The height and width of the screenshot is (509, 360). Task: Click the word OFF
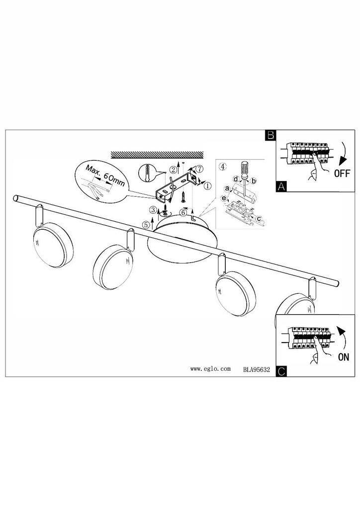click(x=342, y=173)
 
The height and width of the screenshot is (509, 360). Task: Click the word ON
click(x=344, y=357)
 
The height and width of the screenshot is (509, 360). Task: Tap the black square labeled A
click(x=281, y=186)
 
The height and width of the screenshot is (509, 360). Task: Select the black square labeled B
click(x=270, y=135)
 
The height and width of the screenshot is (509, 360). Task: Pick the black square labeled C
click(x=281, y=371)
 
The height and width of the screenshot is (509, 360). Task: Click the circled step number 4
click(x=222, y=167)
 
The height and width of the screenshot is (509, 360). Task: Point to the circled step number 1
click(x=207, y=186)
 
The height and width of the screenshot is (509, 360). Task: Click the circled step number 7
click(x=199, y=169)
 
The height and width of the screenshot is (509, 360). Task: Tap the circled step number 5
click(x=146, y=224)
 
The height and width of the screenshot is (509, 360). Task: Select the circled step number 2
click(x=174, y=169)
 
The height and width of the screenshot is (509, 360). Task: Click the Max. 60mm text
click(x=105, y=175)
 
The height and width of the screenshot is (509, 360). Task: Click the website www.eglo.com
click(x=210, y=369)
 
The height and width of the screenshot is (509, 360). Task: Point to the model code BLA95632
click(x=257, y=369)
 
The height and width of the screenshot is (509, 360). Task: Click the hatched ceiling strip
click(x=157, y=155)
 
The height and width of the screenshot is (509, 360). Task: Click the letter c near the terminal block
click(x=259, y=219)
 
